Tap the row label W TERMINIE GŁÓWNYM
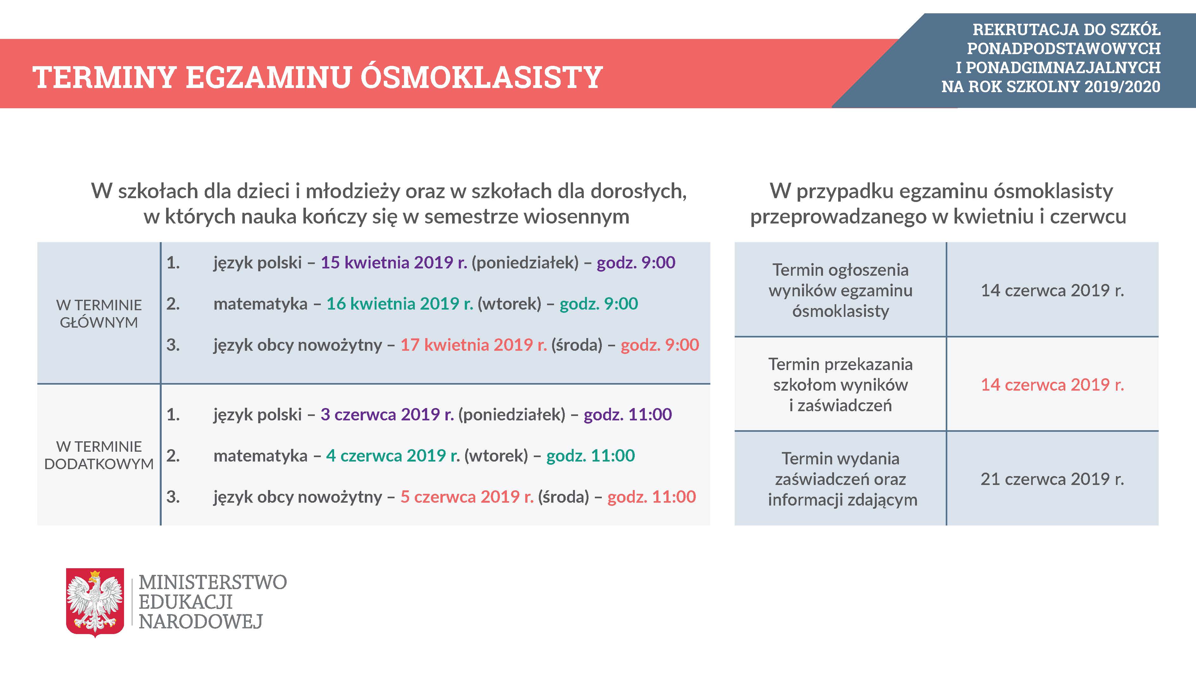tap(99, 313)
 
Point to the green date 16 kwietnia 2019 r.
tap(400, 304)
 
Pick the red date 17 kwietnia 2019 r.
tap(474, 345)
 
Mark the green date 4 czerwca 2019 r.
tap(393, 456)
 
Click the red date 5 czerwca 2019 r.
tap(467, 497)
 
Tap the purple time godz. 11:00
tap(628, 414)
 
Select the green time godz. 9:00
tap(599, 304)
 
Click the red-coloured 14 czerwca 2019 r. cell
tap(1052, 385)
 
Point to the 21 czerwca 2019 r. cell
tap(1052, 479)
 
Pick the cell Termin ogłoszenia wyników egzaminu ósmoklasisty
tap(840, 290)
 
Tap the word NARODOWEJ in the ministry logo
tap(201, 621)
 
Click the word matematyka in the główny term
tap(260, 304)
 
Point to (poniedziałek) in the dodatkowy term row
tap(512, 415)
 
